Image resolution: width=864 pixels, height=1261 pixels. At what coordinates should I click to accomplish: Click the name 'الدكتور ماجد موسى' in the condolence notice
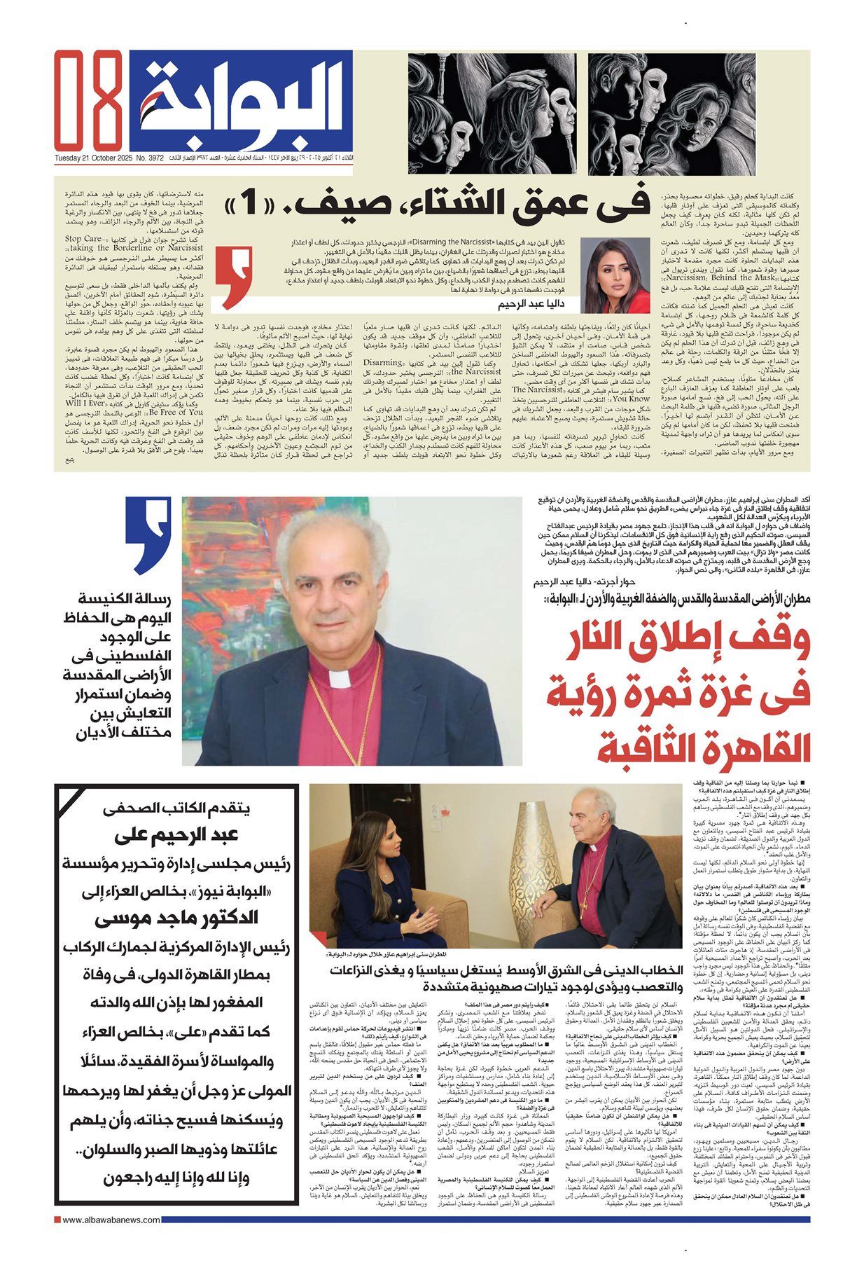[x=179, y=918]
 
